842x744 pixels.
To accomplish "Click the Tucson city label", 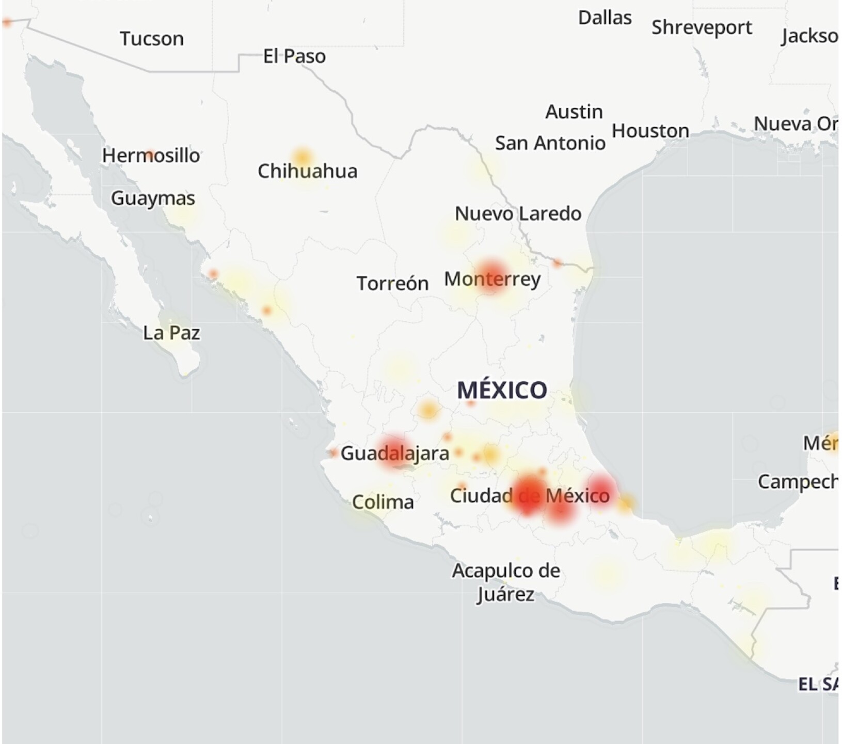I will pos(152,39).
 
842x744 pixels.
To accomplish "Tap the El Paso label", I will pos(294,56).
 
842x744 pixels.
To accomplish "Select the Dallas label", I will pos(605,18).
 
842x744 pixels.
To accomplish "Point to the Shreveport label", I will pos(702,27).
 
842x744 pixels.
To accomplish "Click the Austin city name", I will pos(574,112).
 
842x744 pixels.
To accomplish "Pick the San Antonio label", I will pos(550,143).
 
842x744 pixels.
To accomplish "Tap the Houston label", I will pos(650,131).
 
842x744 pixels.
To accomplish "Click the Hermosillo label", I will pos(151,156).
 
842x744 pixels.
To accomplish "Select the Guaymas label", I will pos(153,198).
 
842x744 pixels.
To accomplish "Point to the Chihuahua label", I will pos(307,171).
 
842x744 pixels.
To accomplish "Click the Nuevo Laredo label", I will pos(518,213).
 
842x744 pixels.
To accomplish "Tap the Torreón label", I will pos(392,283).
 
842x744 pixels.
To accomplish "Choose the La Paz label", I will pos(171,333).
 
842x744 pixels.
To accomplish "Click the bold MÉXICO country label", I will pos(502,390).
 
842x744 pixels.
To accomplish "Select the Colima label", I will pos(383,502).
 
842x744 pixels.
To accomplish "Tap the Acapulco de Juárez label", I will pos(506,582).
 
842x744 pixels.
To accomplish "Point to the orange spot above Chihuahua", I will pos(302,157).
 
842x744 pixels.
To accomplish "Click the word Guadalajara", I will pos(395,454).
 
